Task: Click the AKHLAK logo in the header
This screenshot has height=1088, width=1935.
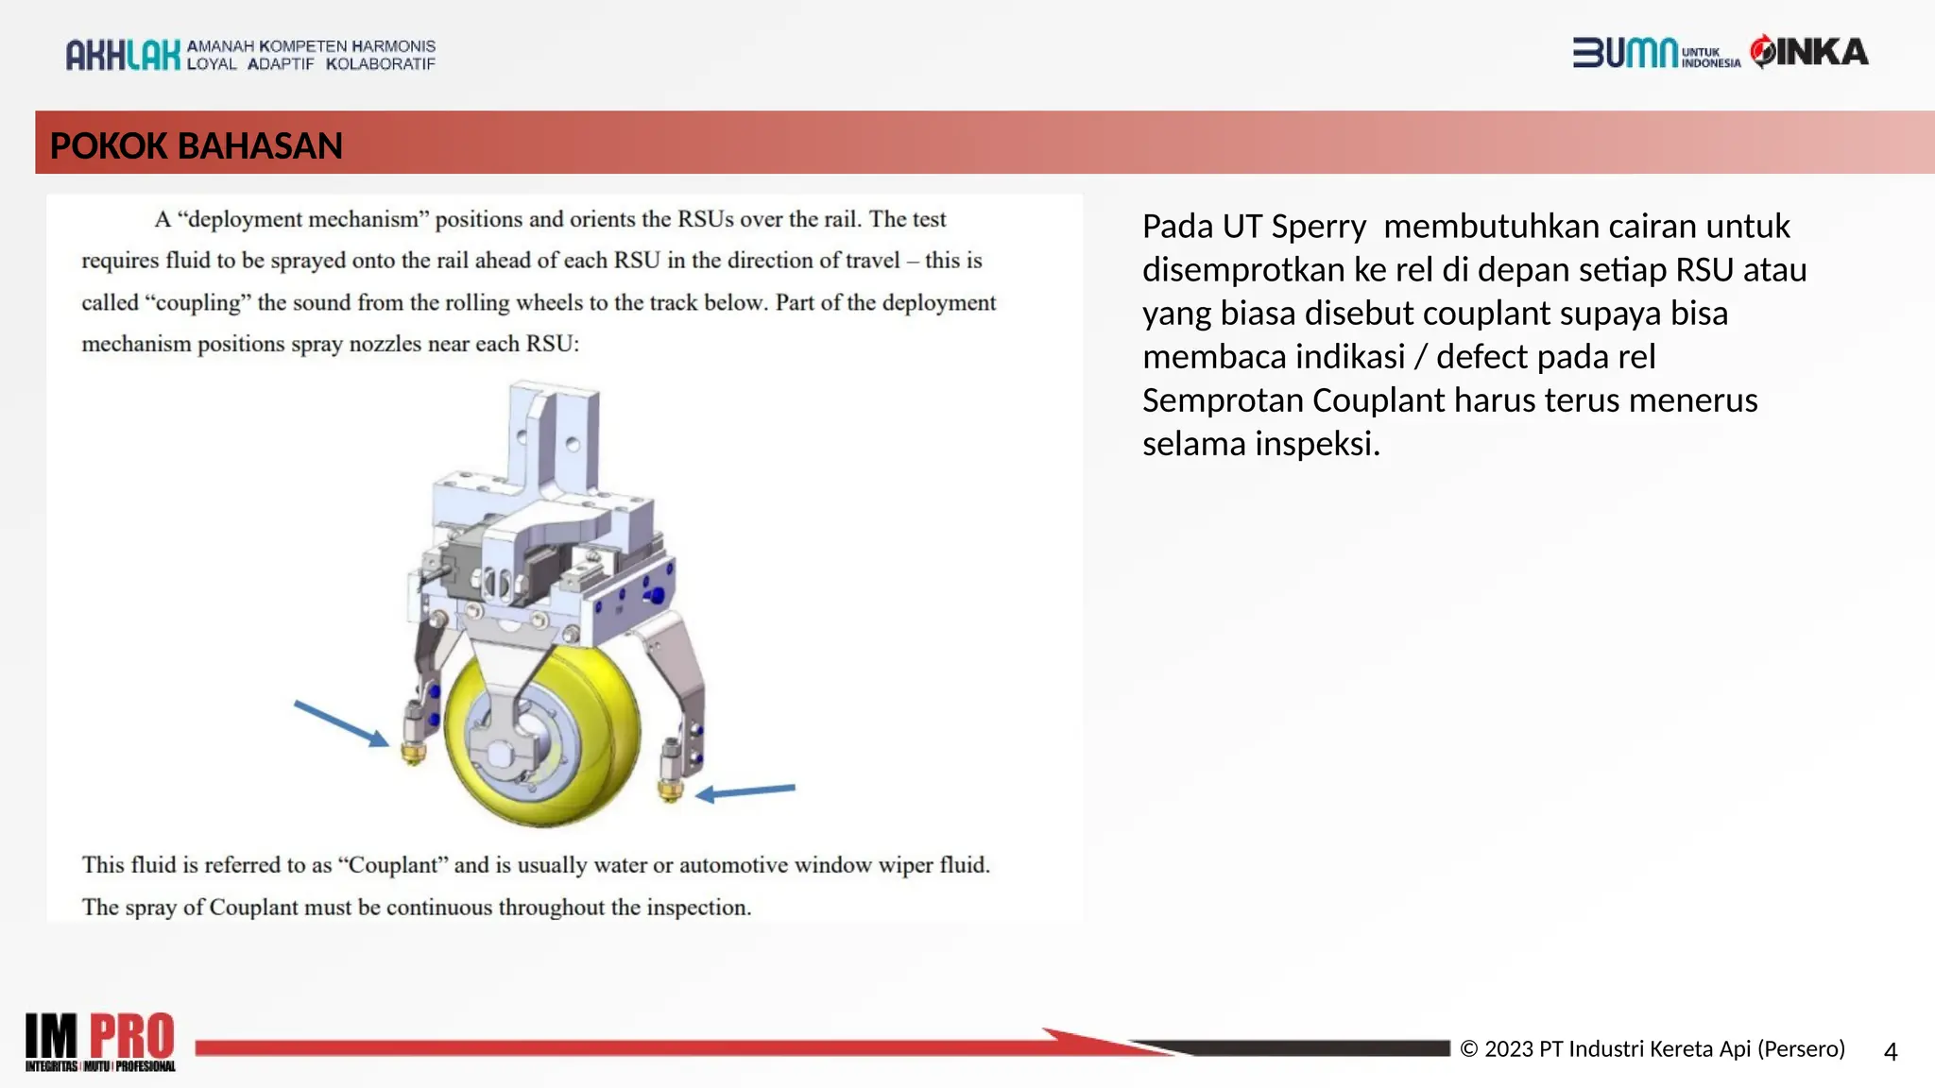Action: coord(123,55)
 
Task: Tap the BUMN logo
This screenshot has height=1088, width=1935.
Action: coord(1625,53)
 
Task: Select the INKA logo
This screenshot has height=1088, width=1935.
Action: coord(1810,52)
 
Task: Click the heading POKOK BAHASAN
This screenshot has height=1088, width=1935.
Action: coord(196,145)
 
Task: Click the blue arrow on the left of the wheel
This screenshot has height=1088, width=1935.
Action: coord(340,722)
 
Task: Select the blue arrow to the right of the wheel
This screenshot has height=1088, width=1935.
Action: coord(746,791)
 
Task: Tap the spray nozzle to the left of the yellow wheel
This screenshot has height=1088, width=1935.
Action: coord(414,737)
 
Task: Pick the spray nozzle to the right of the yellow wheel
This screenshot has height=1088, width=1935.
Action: coord(671,773)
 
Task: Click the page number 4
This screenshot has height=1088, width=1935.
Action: coord(1890,1051)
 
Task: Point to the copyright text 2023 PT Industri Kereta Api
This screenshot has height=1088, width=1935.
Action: coord(1653,1049)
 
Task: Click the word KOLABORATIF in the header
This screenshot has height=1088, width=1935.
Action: coord(381,64)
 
